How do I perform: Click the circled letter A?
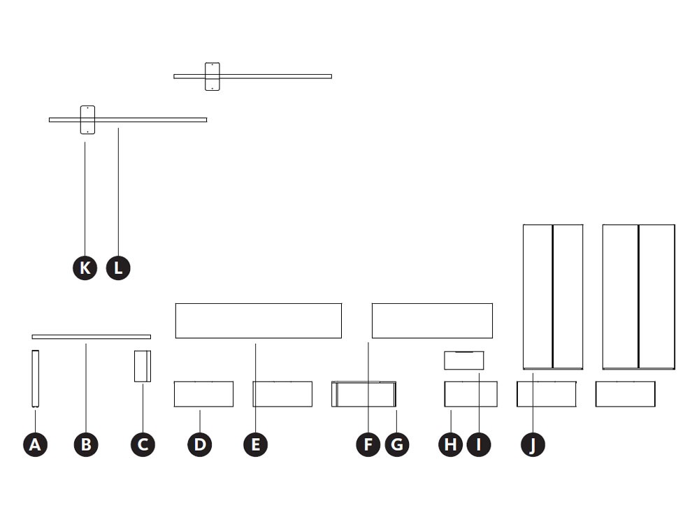click(x=35, y=444)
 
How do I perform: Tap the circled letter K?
click(x=85, y=268)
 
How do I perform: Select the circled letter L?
click(x=118, y=268)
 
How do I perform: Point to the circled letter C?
click(x=143, y=444)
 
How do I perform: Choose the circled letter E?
click(x=255, y=444)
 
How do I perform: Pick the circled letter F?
click(x=368, y=444)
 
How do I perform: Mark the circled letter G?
click(x=397, y=444)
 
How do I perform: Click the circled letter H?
click(x=450, y=444)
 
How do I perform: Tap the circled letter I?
click(x=479, y=444)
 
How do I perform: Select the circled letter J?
click(x=533, y=444)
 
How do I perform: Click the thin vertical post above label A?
click(x=35, y=379)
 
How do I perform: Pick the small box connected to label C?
click(x=143, y=366)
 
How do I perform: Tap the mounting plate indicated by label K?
click(x=87, y=120)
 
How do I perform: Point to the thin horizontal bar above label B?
click(x=92, y=337)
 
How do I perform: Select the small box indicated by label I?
click(x=463, y=361)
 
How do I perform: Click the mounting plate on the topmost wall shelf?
click(x=212, y=77)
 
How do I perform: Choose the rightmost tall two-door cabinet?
click(x=638, y=297)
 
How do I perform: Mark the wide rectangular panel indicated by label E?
click(x=259, y=321)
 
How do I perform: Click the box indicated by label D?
click(x=203, y=394)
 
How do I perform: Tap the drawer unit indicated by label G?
click(x=363, y=394)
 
